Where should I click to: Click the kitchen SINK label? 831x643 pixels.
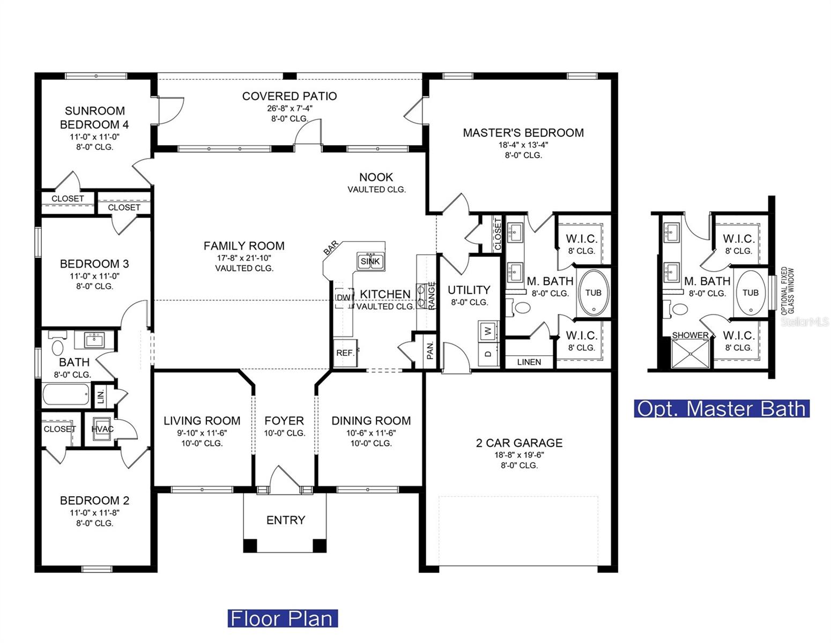370,261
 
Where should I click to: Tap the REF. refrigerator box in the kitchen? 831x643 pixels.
345,353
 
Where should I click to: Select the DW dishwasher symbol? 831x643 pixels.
343,297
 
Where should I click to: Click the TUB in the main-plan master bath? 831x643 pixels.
593,293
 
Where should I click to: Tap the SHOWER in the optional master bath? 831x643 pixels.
690,335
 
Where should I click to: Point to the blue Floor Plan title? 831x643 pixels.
283,618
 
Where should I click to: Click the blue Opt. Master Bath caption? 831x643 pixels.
722,409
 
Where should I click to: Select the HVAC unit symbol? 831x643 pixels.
102,429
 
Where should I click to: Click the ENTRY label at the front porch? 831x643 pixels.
285,520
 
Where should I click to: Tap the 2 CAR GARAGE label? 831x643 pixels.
519,443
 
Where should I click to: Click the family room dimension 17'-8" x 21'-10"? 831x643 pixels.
244,258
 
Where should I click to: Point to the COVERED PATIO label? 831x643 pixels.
290,96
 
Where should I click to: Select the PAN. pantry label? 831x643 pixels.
430,352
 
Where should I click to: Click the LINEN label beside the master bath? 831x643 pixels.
529,362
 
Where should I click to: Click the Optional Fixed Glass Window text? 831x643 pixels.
788,291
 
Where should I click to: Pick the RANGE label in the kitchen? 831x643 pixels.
432,295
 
